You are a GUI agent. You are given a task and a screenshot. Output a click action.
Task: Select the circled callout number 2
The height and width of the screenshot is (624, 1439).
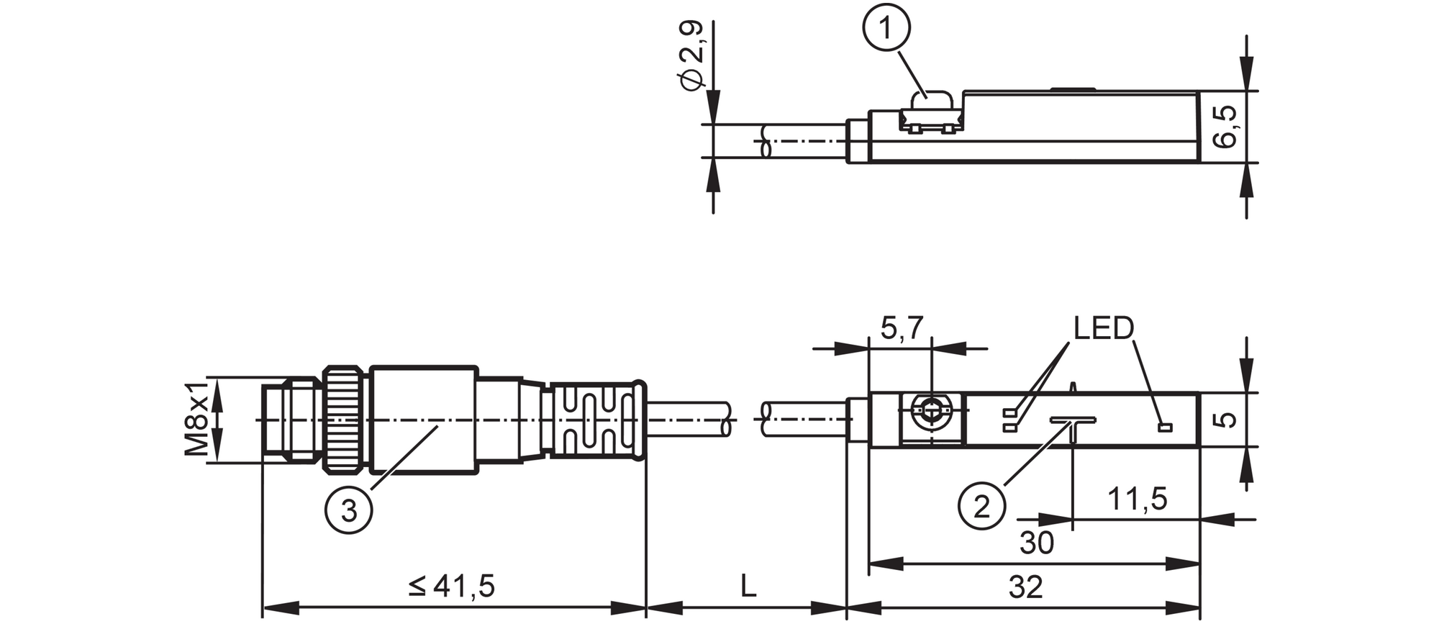(981, 507)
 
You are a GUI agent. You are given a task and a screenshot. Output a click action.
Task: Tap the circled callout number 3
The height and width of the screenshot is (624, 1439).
(349, 510)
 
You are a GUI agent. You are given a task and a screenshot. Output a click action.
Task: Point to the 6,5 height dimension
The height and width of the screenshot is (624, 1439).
(1225, 127)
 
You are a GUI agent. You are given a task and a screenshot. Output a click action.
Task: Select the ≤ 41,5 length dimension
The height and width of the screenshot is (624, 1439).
(452, 587)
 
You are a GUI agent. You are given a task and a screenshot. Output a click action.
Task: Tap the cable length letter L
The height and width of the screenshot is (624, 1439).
(748, 587)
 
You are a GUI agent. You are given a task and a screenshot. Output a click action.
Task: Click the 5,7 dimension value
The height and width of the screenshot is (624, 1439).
(902, 328)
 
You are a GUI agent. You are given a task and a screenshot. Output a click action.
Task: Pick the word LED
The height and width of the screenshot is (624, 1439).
(1104, 328)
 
